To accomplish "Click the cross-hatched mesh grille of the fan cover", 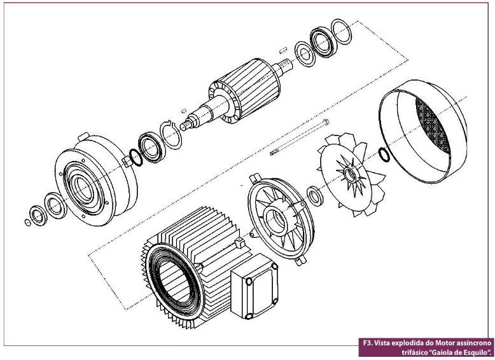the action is point(433,125).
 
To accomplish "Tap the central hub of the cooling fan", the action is point(350,174).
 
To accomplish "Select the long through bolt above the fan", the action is point(299,137).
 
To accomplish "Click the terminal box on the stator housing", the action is point(254,286).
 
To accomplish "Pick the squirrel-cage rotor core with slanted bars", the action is point(245,90).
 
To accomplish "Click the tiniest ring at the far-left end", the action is point(28,222).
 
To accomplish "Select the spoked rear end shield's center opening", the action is point(277,218).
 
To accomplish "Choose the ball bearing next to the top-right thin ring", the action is point(323,43).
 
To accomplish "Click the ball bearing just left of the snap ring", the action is point(152,147).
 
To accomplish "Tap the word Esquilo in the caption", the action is point(476,352).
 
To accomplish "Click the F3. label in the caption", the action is point(366,343).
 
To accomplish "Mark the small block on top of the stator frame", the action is point(241,243).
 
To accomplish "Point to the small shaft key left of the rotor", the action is point(184,111).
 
